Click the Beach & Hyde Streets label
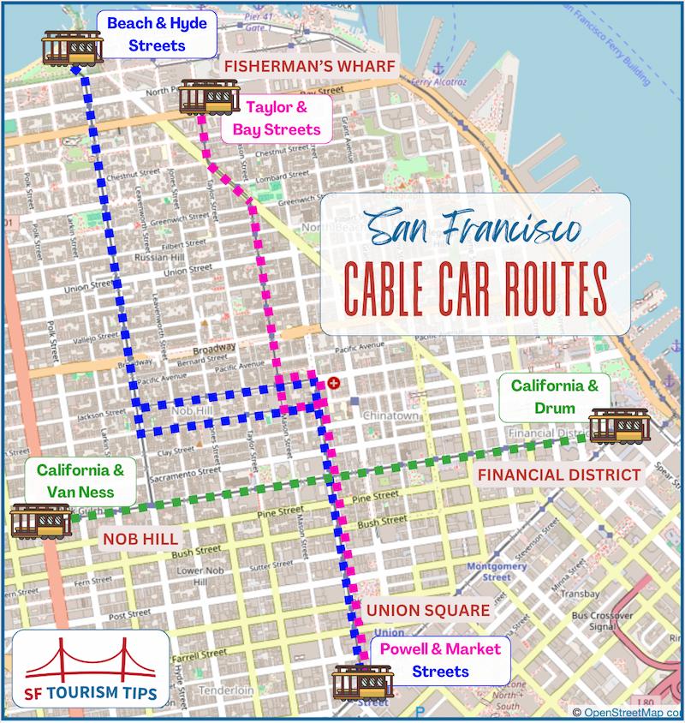point(157,34)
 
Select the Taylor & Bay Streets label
point(275,119)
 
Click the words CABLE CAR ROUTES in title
point(475,289)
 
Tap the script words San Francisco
point(474,230)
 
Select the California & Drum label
point(555,397)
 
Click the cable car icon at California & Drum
point(615,426)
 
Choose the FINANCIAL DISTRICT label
point(558,475)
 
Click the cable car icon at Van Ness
point(40,520)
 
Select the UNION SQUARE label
point(428,611)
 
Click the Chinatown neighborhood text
point(390,416)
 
